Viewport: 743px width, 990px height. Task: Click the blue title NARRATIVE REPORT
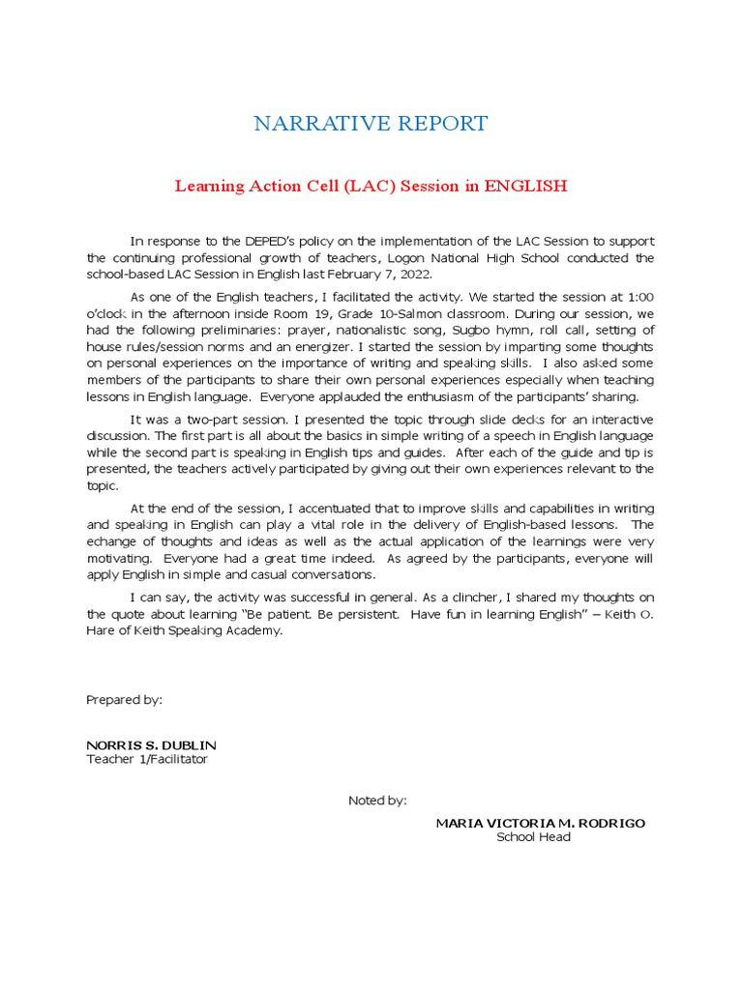(x=371, y=124)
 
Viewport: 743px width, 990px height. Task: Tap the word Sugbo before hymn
(x=469, y=330)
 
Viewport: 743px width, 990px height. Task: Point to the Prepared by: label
(x=125, y=699)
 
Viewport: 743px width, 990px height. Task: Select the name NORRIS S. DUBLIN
(x=152, y=745)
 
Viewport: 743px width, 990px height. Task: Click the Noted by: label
(x=377, y=801)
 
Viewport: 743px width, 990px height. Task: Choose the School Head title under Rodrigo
(x=533, y=837)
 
